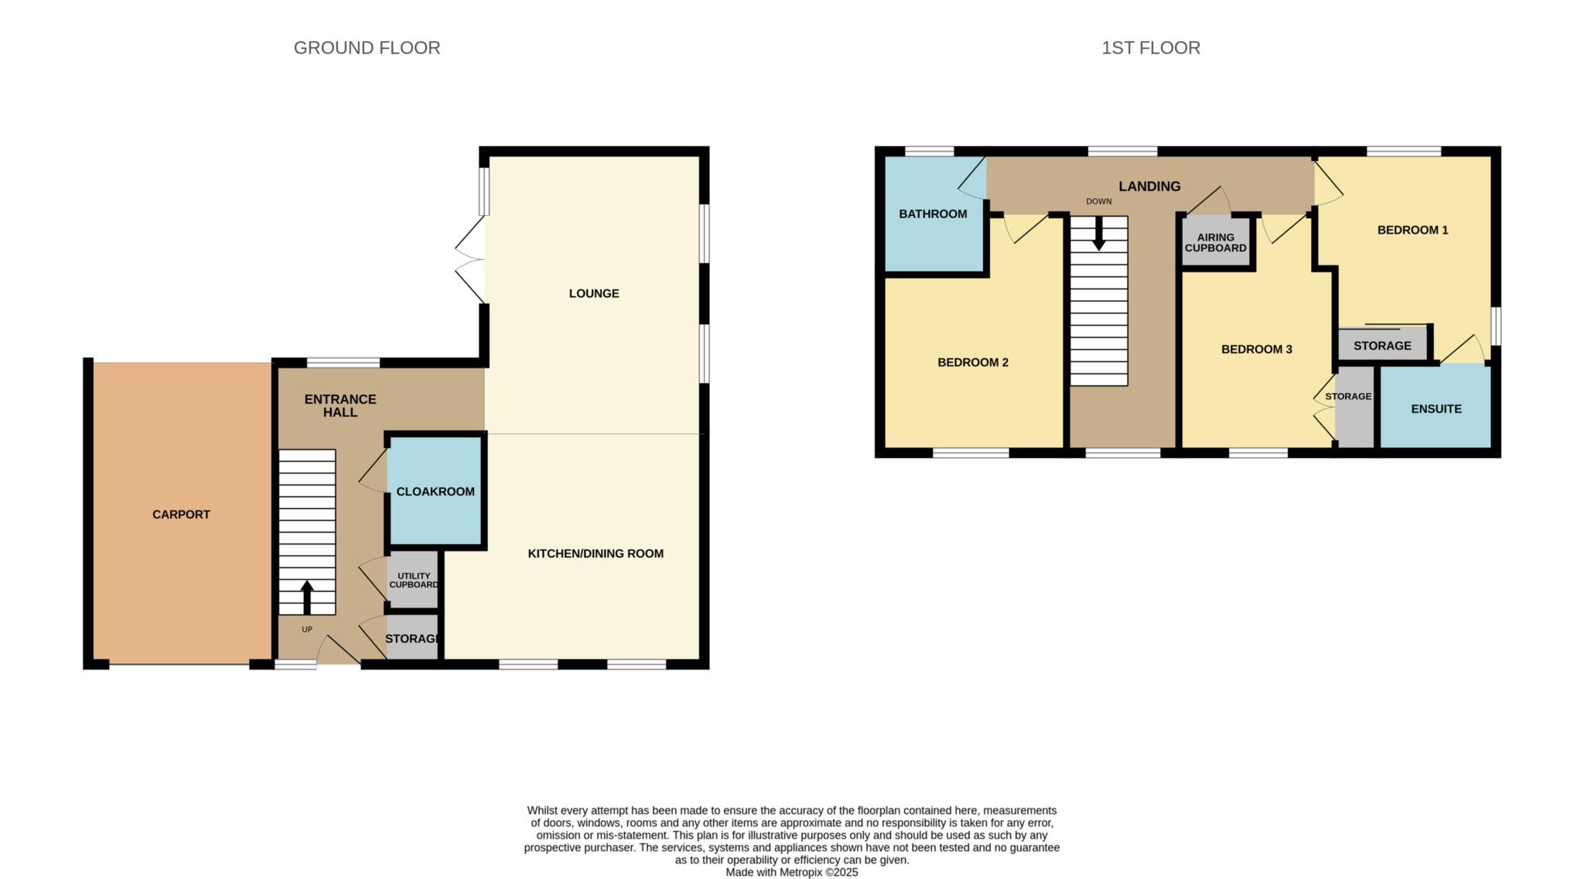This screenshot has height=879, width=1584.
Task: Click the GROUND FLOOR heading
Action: point(367,48)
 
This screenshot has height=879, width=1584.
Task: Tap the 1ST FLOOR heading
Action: point(1151,48)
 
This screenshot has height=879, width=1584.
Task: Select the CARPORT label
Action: point(181,515)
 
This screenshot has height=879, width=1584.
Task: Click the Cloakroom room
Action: point(435,491)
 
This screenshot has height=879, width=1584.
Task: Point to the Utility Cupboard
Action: point(413,580)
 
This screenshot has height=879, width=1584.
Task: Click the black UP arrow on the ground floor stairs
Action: point(307,597)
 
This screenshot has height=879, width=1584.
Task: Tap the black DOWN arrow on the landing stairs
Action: point(1098,233)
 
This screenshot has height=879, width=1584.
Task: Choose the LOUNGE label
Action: point(594,294)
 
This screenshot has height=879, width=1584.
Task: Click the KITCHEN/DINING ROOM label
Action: point(596,554)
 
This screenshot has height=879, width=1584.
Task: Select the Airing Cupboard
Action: point(1216,243)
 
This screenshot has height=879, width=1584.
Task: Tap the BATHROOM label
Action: point(933,214)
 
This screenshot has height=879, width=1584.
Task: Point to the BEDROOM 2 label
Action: point(973,362)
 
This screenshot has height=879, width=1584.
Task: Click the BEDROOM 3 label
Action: point(1257,350)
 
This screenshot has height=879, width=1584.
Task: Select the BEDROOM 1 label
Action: point(1413,230)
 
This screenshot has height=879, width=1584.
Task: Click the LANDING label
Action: point(1149,186)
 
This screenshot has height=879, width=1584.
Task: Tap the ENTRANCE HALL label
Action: point(340,405)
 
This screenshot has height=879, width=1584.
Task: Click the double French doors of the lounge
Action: point(470,259)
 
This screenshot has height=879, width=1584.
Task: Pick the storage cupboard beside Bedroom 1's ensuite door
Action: point(1382,344)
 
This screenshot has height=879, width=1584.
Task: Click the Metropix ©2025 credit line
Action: point(792,872)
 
